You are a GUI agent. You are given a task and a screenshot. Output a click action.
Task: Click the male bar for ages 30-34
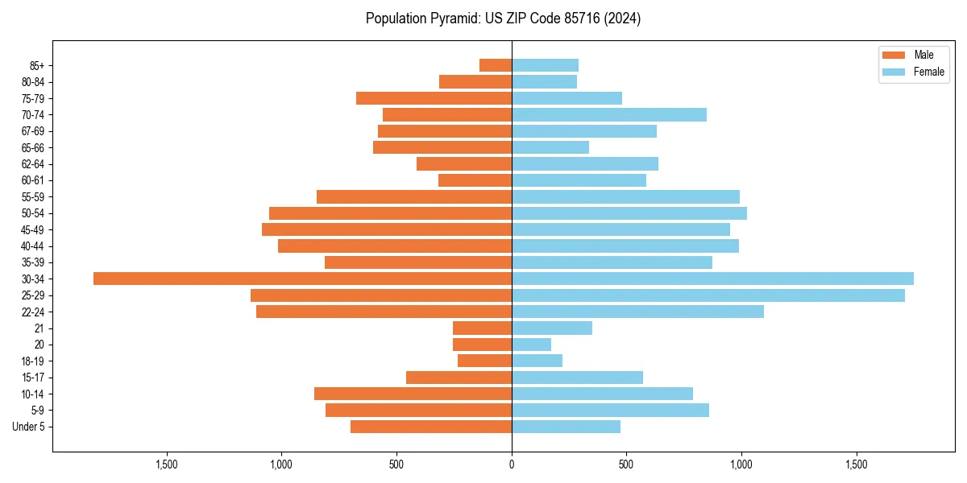click(x=302, y=279)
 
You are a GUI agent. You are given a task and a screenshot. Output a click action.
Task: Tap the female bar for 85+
click(x=545, y=65)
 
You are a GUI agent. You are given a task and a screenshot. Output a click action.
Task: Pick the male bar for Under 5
click(x=431, y=427)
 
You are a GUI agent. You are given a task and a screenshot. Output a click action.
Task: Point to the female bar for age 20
click(x=531, y=345)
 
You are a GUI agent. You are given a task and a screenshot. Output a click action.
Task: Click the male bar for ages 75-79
click(x=434, y=98)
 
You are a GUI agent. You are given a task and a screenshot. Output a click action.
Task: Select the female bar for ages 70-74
click(x=608, y=114)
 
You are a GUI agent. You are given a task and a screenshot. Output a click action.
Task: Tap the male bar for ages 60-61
click(x=475, y=180)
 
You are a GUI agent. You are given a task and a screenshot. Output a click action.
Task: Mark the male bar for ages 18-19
click(x=484, y=361)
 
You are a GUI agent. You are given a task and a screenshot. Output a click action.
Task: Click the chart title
click(x=503, y=19)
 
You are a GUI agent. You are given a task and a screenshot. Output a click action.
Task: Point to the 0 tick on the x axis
click(x=512, y=464)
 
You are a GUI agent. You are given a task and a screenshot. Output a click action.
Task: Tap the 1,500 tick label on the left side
click(x=166, y=464)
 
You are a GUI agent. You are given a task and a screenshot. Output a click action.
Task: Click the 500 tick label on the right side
click(x=626, y=464)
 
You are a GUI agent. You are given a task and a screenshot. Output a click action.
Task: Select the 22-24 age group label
click(x=32, y=312)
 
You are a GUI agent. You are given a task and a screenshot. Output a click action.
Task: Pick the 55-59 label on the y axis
click(x=32, y=196)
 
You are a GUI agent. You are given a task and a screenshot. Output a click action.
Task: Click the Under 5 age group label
click(x=28, y=427)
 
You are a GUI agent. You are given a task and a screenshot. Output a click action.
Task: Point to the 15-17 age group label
click(x=32, y=378)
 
